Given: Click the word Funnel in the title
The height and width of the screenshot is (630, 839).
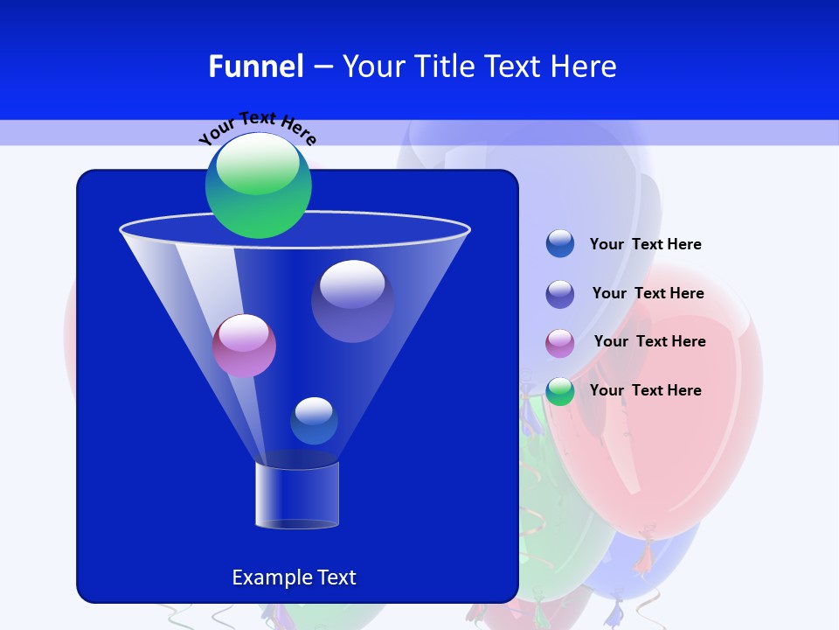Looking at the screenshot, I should (x=255, y=66).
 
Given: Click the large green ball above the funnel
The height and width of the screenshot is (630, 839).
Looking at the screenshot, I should (x=259, y=186).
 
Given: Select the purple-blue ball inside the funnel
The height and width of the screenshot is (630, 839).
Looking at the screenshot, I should (x=352, y=301).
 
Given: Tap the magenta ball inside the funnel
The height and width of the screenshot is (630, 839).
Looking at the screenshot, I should (x=244, y=346).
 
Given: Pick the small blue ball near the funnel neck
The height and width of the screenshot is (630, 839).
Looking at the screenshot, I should (x=314, y=421).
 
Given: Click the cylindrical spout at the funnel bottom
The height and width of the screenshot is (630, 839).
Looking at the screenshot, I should (x=297, y=494).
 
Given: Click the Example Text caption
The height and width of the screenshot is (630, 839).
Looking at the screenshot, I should (x=294, y=577).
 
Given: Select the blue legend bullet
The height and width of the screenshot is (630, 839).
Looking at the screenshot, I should (x=560, y=244).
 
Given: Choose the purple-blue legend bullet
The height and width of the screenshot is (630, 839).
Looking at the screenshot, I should (x=560, y=294).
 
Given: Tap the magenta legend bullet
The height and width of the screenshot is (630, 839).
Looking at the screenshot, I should (x=560, y=343).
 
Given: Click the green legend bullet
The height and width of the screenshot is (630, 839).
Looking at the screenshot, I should (x=560, y=391).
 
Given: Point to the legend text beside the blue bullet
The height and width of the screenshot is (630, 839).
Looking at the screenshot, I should (x=645, y=244).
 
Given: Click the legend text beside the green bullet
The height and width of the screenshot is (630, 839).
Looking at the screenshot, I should (x=645, y=390).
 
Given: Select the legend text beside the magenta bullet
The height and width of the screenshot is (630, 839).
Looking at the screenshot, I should (x=649, y=341).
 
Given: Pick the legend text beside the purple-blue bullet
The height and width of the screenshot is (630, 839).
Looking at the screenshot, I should (x=648, y=293).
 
